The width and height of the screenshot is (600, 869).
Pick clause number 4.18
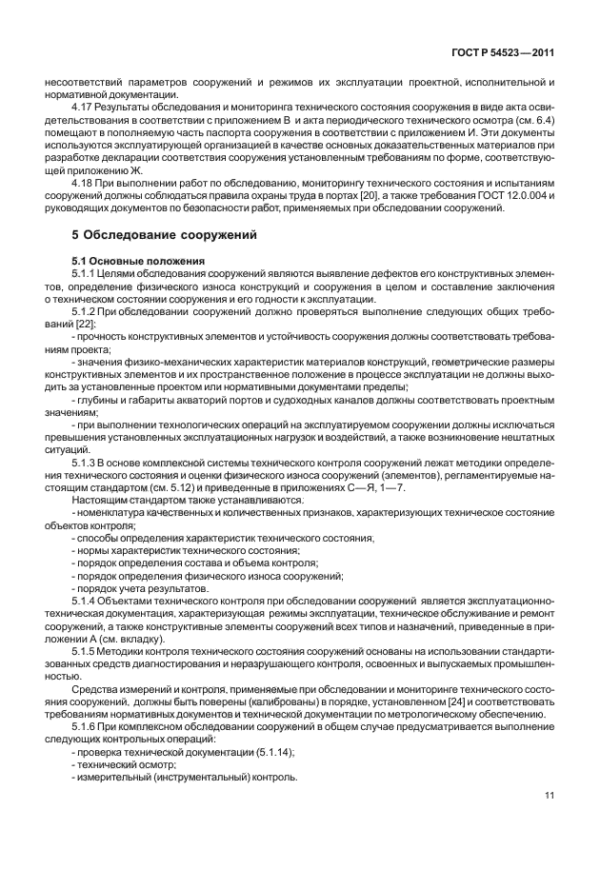click(x=85, y=180)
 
